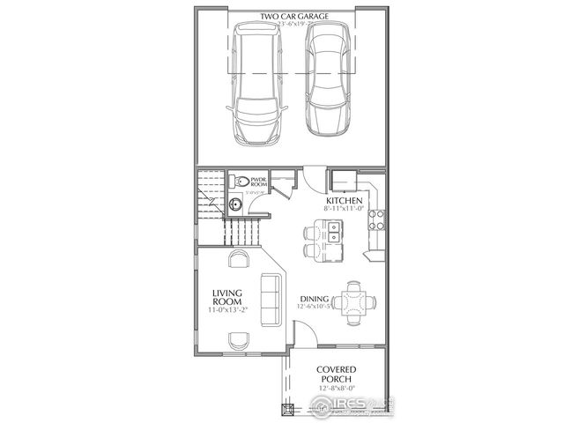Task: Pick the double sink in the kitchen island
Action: (x=335, y=234)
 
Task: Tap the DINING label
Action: (x=315, y=297)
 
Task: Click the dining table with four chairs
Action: (x=356, y=299)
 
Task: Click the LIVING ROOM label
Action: (x=227, y=297)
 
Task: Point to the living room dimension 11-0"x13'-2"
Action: (x=227, y=311)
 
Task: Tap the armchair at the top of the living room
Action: (x=238, y=258)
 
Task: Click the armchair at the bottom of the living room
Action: (x=238, y=341)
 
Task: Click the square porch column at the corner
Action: (x=286, y=409)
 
